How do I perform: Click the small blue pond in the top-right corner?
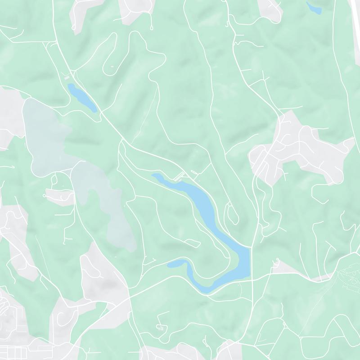(313, 8)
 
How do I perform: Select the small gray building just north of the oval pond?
(67, 78)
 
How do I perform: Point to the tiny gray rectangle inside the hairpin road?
(112, 67)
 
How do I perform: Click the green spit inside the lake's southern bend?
(225, 265)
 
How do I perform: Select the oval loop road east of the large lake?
(233, 215)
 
